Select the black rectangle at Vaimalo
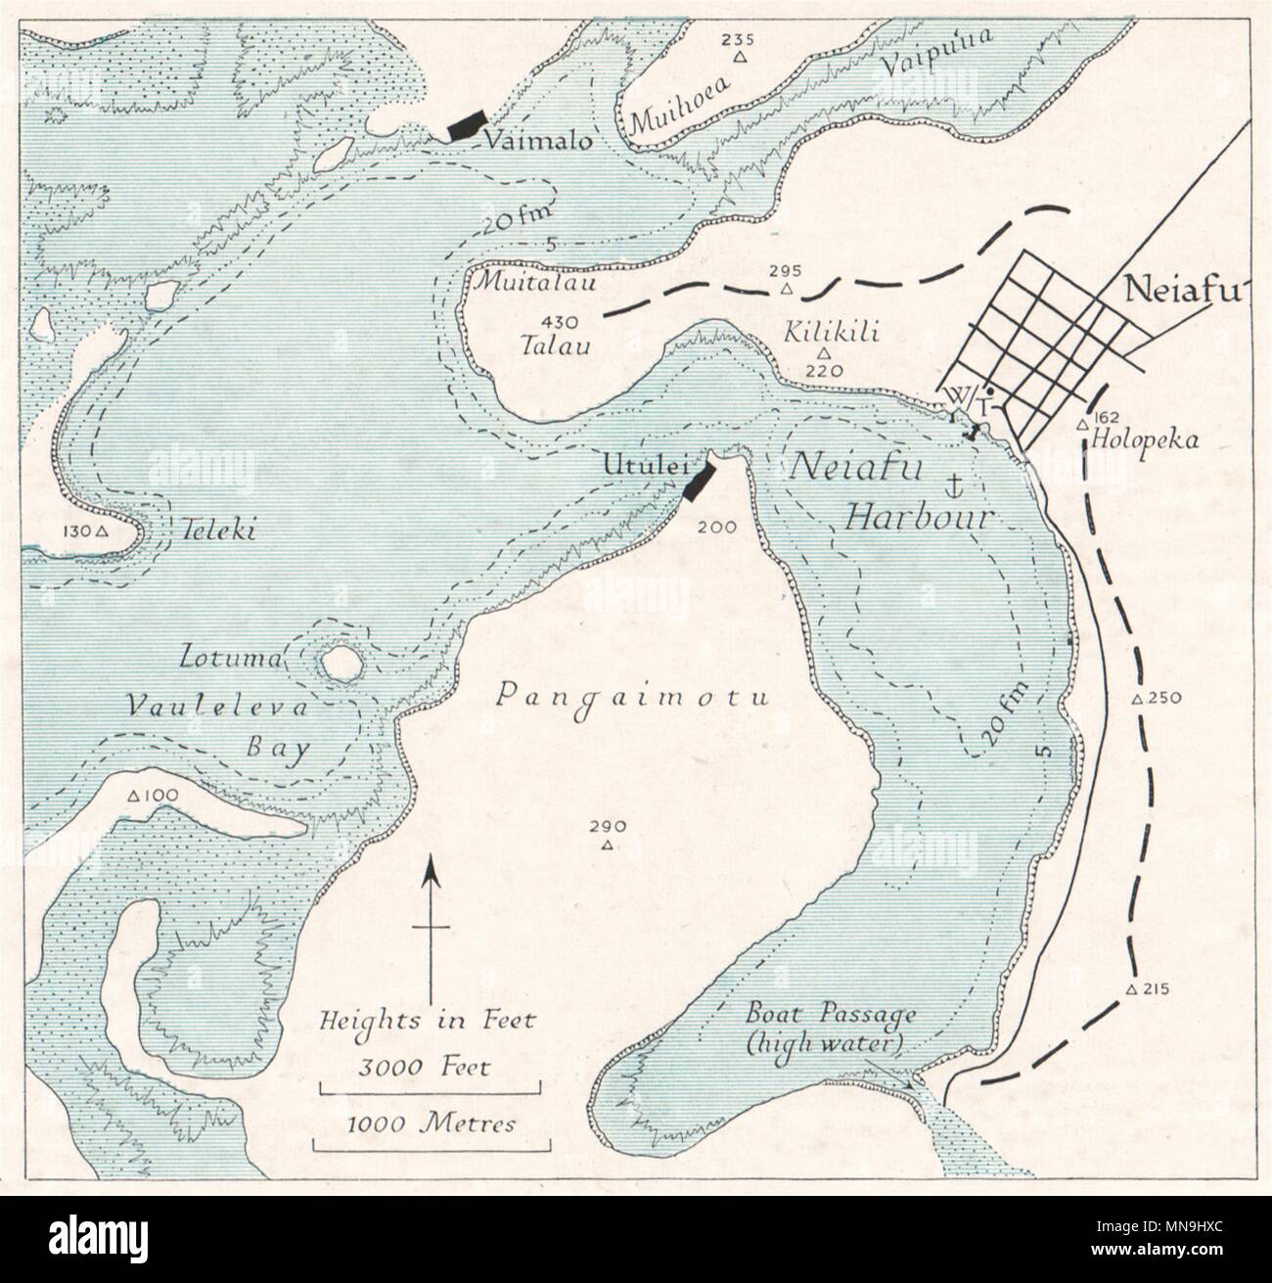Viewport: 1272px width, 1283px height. [x=467, y=126]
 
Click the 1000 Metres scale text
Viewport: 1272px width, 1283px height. [x=431, y=1123]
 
